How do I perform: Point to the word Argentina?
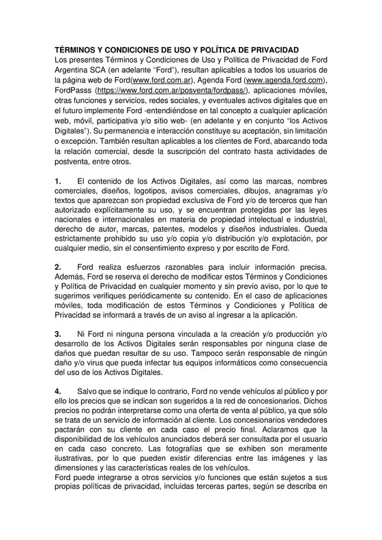[x=76, y=70]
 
